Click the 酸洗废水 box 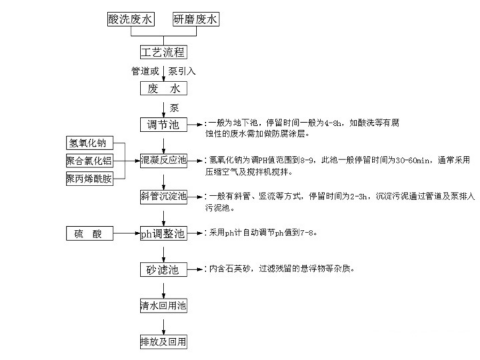click(x=131, y=19)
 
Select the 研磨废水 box click(x=196, y=19)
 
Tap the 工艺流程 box click(x=164, y=52)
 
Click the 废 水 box click(x=164, y=89)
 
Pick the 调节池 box click(x=164, y=125)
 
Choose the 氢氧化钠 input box click(x=90, y=143)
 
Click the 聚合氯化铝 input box click(x=90, y=161)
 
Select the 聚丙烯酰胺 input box click(x=90, y=179)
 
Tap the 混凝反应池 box click(x=164, y=160)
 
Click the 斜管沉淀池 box click(x=164, y=196)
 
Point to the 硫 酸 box click(x=90, y=233)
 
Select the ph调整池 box click(x=164, y=233)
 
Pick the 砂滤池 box click(x=164, y=269)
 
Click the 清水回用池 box click(x=164, y=306)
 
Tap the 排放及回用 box click(x=164, y=342)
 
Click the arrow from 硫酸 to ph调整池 click(x=127, y=233)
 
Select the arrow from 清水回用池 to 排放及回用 click(x=164, y=327)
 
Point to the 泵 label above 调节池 click(x=174, y=108)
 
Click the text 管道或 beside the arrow click(x=145, y=71)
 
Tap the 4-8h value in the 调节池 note click(x=332, y=123)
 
